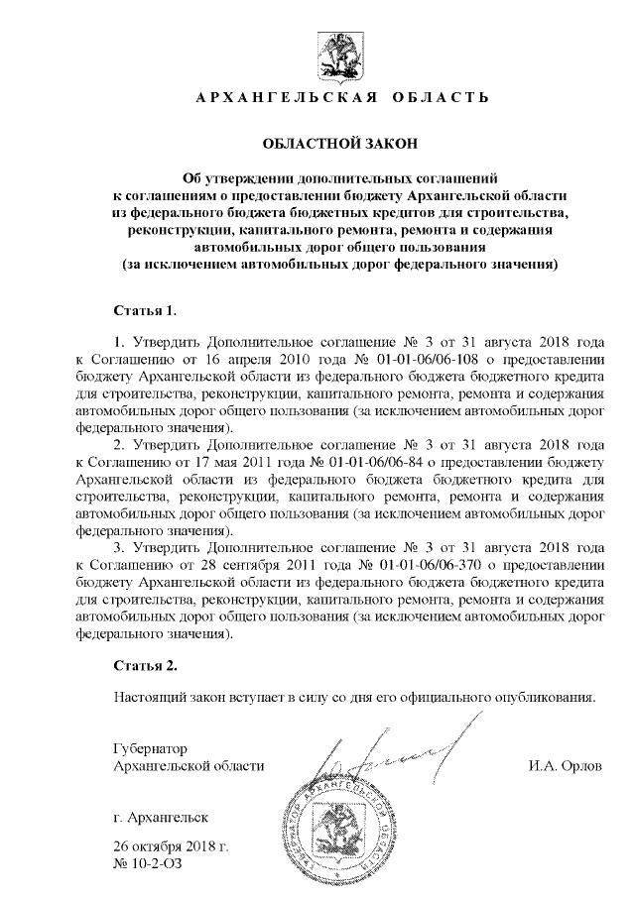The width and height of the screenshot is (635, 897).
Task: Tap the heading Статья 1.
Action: point(146,310)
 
